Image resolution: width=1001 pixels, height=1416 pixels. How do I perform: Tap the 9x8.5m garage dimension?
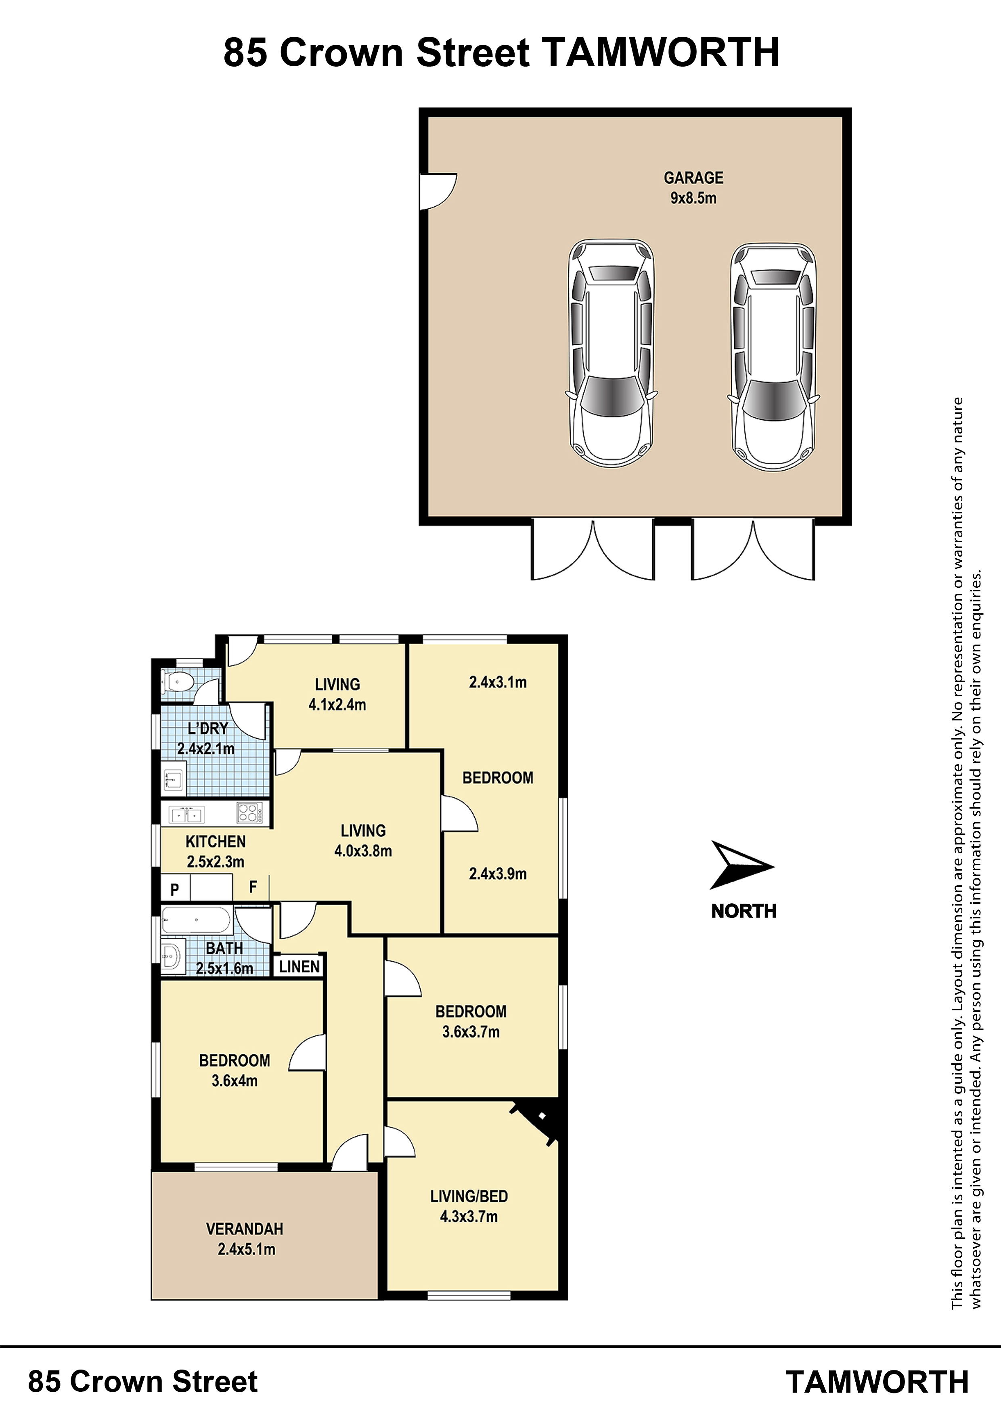click(693, 198)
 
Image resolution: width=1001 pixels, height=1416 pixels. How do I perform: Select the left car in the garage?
click(611, 353)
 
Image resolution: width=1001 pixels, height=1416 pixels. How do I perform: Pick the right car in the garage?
click(773, 357)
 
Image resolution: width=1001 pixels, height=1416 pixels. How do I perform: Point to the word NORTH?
click(744, 911)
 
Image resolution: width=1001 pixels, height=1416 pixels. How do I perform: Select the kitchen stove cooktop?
click(249, 813)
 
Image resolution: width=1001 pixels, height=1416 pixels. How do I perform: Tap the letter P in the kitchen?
click(174, 889)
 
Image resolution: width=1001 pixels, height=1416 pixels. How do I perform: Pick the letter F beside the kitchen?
click(253, 887)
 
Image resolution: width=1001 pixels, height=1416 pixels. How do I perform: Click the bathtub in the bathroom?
click(196, 921)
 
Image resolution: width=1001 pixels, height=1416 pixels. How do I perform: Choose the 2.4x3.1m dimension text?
click(498, 682)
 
